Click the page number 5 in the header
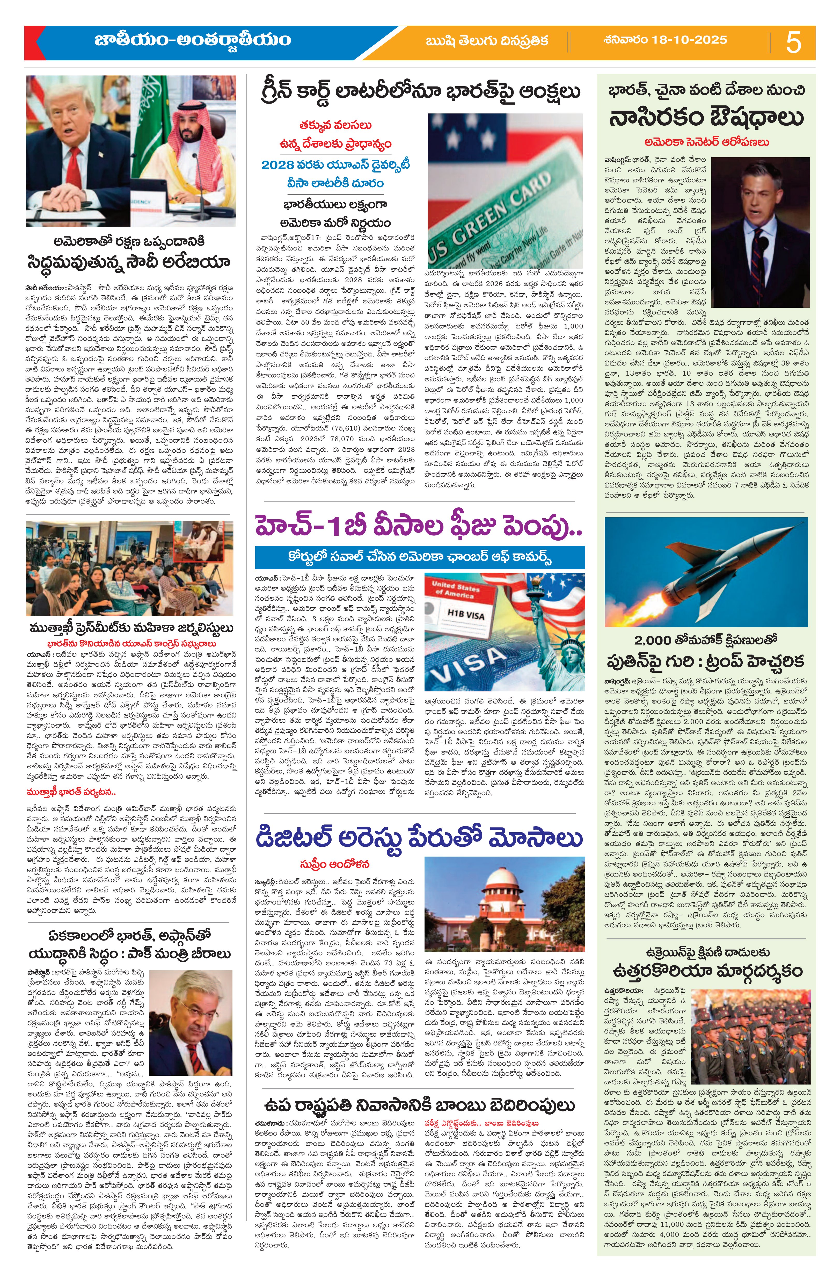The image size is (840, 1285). pyautogui.click(x=793, y=42)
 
